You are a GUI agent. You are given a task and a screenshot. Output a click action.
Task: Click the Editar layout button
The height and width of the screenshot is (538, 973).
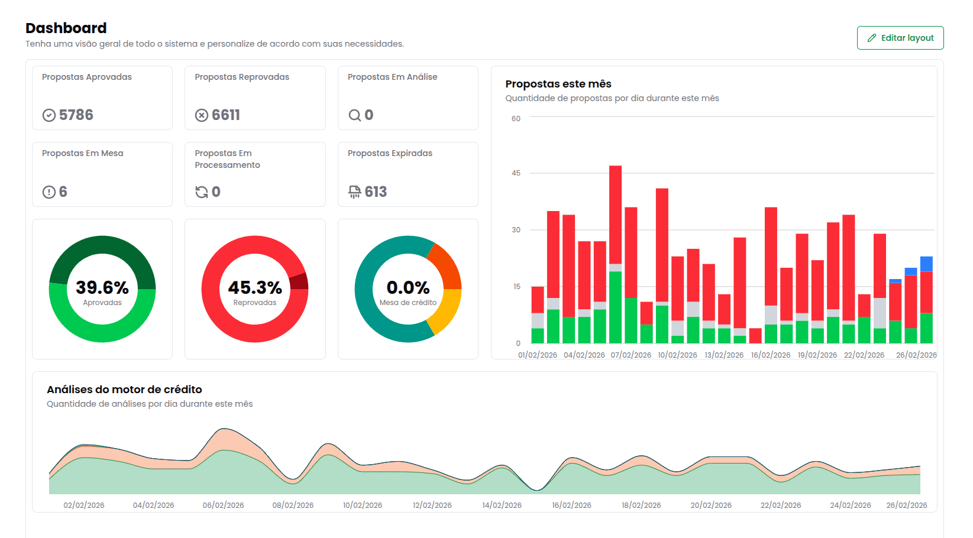click(900, 38)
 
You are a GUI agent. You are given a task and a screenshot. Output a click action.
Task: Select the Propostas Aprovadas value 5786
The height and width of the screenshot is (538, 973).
click(76, 115)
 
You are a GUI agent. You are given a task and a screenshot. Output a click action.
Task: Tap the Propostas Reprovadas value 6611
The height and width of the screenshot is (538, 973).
click(226, 115)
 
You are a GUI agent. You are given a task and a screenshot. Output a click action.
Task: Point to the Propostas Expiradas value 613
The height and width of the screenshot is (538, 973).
click(376, 192)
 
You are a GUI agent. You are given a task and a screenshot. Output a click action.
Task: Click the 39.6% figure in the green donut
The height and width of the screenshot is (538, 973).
click(102, 287)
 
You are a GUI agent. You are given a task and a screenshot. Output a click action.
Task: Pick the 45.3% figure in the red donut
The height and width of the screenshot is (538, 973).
click(255, 287)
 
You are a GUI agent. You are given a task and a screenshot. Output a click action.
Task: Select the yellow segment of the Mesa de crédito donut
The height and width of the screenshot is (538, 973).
click(447, 312)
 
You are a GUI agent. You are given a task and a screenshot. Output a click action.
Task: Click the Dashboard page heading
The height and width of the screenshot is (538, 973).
click(66, 28)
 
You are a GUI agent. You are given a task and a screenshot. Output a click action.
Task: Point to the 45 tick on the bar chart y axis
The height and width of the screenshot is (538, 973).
click(516, 173)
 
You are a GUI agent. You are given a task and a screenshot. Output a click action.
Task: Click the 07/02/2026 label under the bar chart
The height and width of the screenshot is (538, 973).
click(631, 355)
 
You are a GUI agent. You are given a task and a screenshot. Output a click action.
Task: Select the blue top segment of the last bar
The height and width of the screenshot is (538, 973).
click(926, 264)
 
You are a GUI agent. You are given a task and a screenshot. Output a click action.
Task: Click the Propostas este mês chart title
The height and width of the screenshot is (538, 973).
click(558, 84)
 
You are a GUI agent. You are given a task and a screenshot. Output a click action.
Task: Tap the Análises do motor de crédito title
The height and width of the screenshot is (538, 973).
click(124, 390)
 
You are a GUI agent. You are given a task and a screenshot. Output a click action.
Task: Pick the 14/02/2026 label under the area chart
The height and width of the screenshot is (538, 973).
click(502, 505)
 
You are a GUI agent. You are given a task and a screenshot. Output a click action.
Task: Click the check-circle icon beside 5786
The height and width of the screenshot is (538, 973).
click(49, 115)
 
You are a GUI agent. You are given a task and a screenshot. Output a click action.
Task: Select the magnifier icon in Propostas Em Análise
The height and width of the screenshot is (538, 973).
click(354, 115)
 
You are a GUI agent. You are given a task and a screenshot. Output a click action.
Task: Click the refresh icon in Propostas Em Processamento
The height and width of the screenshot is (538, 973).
click(202, 192)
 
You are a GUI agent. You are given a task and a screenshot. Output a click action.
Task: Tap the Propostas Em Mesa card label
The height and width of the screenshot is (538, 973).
click(83, 153)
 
